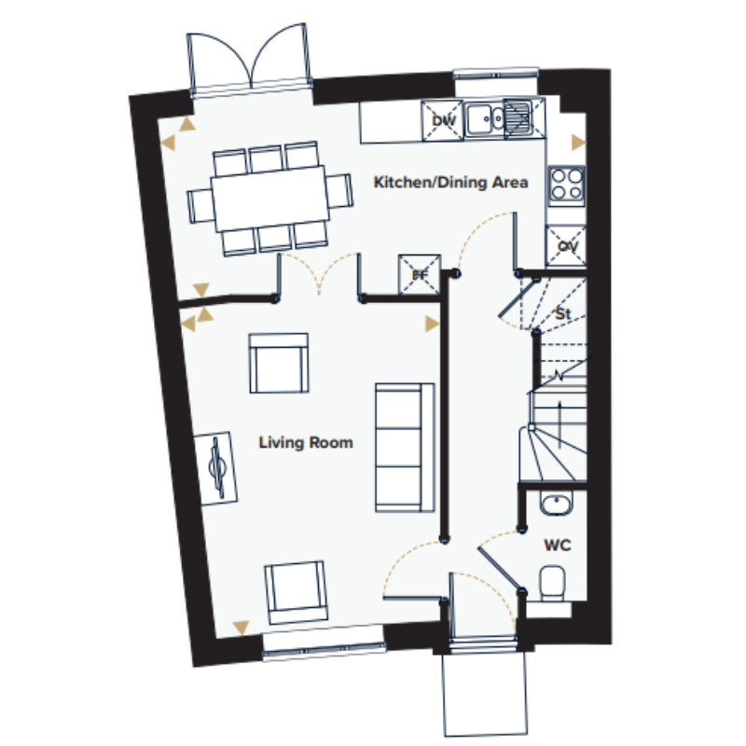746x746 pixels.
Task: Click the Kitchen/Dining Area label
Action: pos(450,182)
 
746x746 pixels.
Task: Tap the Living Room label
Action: pos(306,442)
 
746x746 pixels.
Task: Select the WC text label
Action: pos(557,545)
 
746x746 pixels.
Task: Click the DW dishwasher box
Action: pos(442,121)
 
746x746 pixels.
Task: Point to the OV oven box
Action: pos(566,246)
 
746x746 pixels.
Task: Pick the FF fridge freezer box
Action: pos(419,274)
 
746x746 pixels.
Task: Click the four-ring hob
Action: pos(567,185)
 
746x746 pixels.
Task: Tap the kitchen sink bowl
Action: pos(478,119)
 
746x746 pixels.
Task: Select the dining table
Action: pos(269,199)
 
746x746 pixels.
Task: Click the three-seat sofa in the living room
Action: pos(405,448)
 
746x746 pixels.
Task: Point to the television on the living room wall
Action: pos(215,469)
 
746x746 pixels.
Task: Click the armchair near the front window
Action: pos(296,592)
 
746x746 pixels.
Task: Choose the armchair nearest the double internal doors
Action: pos(279,363)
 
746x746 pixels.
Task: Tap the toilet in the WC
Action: pos(552,582)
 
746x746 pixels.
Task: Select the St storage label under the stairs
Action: pos(563,314)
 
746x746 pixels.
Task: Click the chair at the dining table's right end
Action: pos(339,191)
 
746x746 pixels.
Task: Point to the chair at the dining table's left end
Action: pos(200,205)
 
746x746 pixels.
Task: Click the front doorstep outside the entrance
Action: pos(485,694)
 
